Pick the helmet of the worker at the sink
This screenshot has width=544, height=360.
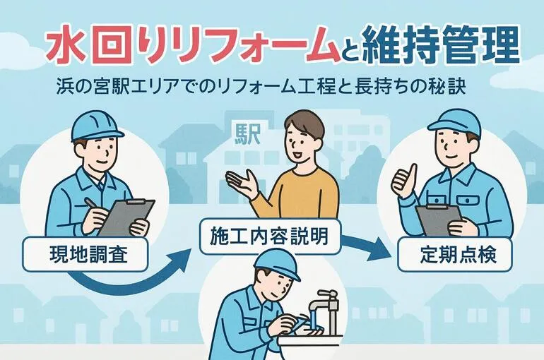(x=276, y=263)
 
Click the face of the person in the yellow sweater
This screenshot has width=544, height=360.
(x=300, y=141)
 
